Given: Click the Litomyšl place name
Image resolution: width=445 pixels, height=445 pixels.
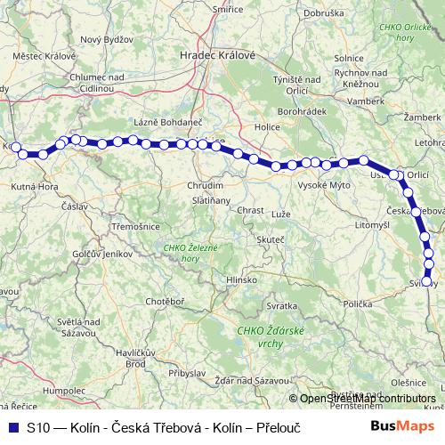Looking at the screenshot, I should point(347,226).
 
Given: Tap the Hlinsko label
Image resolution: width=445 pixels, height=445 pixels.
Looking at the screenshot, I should point(242,279).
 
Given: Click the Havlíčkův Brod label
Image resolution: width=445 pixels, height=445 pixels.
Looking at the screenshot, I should point(124,358).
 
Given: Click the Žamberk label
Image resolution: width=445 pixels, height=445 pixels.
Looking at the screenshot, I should point(420,117).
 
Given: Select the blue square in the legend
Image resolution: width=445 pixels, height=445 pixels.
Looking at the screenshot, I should point(12,427).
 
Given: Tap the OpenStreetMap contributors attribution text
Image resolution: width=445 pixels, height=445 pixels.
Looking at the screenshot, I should point(367,398).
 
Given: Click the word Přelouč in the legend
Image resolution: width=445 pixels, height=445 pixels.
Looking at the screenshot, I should point(278,428).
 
